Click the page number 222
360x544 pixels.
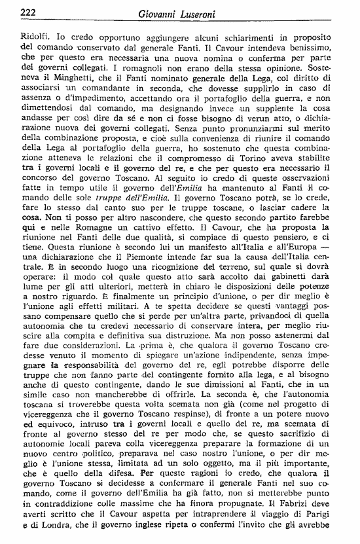(x=30, y=11)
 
